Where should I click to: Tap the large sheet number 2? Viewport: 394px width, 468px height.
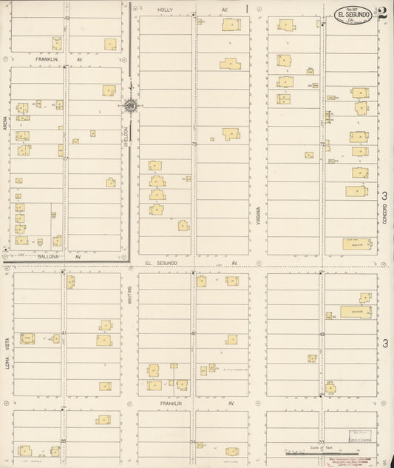click(383, 12)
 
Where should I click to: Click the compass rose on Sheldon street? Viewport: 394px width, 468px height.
click(130, 106)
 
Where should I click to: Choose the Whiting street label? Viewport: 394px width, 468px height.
click(129, 295)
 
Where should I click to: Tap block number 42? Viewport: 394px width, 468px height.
click(194, 333)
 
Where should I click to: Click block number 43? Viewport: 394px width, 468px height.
click(322, 333)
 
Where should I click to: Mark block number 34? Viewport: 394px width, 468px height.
click(194, 441)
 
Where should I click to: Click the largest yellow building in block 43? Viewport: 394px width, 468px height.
click(355, 312)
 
